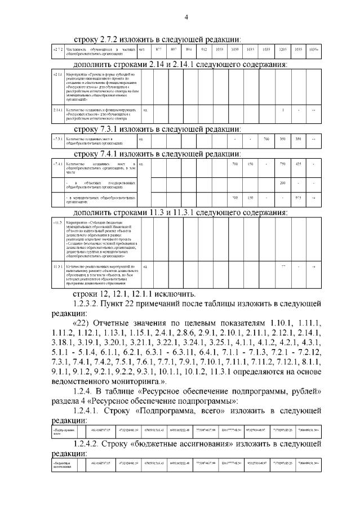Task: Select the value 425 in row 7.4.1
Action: pyautogui.click(x=298, y=164)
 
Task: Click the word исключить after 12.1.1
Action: pyautogui.click(x=176, y=293)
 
